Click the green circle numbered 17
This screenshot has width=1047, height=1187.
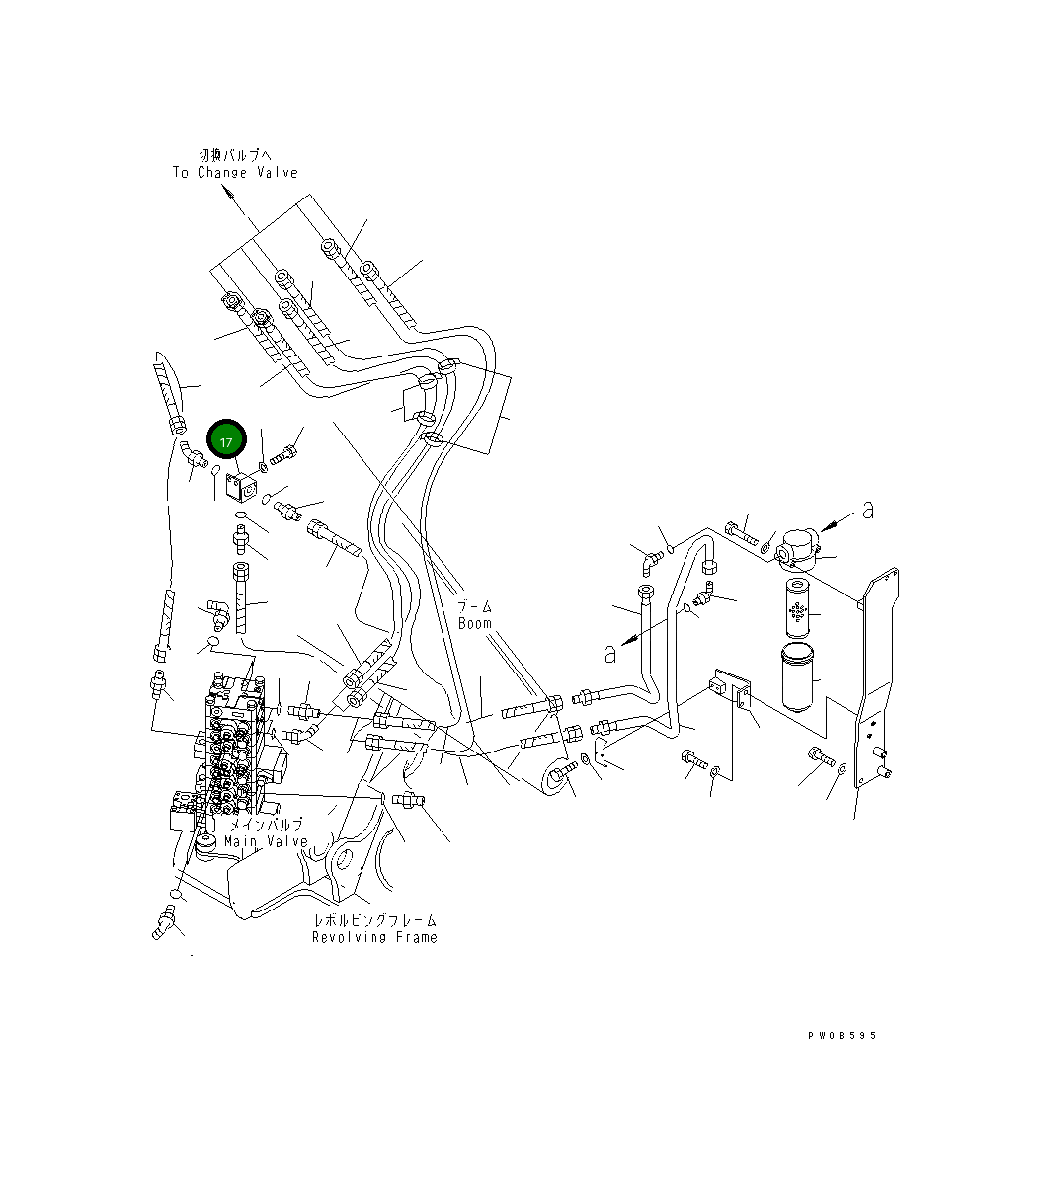pos(226,441)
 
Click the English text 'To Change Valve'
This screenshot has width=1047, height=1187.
pos(235,173)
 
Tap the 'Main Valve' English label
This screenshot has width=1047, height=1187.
pos(266,841)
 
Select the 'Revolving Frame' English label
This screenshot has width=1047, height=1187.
pos(374,937)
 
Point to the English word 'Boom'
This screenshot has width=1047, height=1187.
pos(475,624)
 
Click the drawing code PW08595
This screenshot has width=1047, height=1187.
pos(842,1036)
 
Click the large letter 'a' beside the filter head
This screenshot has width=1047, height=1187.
pos(868,511)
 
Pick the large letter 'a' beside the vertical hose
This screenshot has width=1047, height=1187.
pos(609,653)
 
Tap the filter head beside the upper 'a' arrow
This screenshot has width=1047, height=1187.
pos(795,548)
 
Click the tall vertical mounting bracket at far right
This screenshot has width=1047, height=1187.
pos(877,681)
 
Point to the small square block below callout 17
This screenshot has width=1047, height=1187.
pos(240,487)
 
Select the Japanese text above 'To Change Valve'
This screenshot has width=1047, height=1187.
pos(234,155)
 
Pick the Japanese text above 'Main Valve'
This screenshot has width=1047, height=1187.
pos(267,824)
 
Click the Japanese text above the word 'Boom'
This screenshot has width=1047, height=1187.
pos(476,607)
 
